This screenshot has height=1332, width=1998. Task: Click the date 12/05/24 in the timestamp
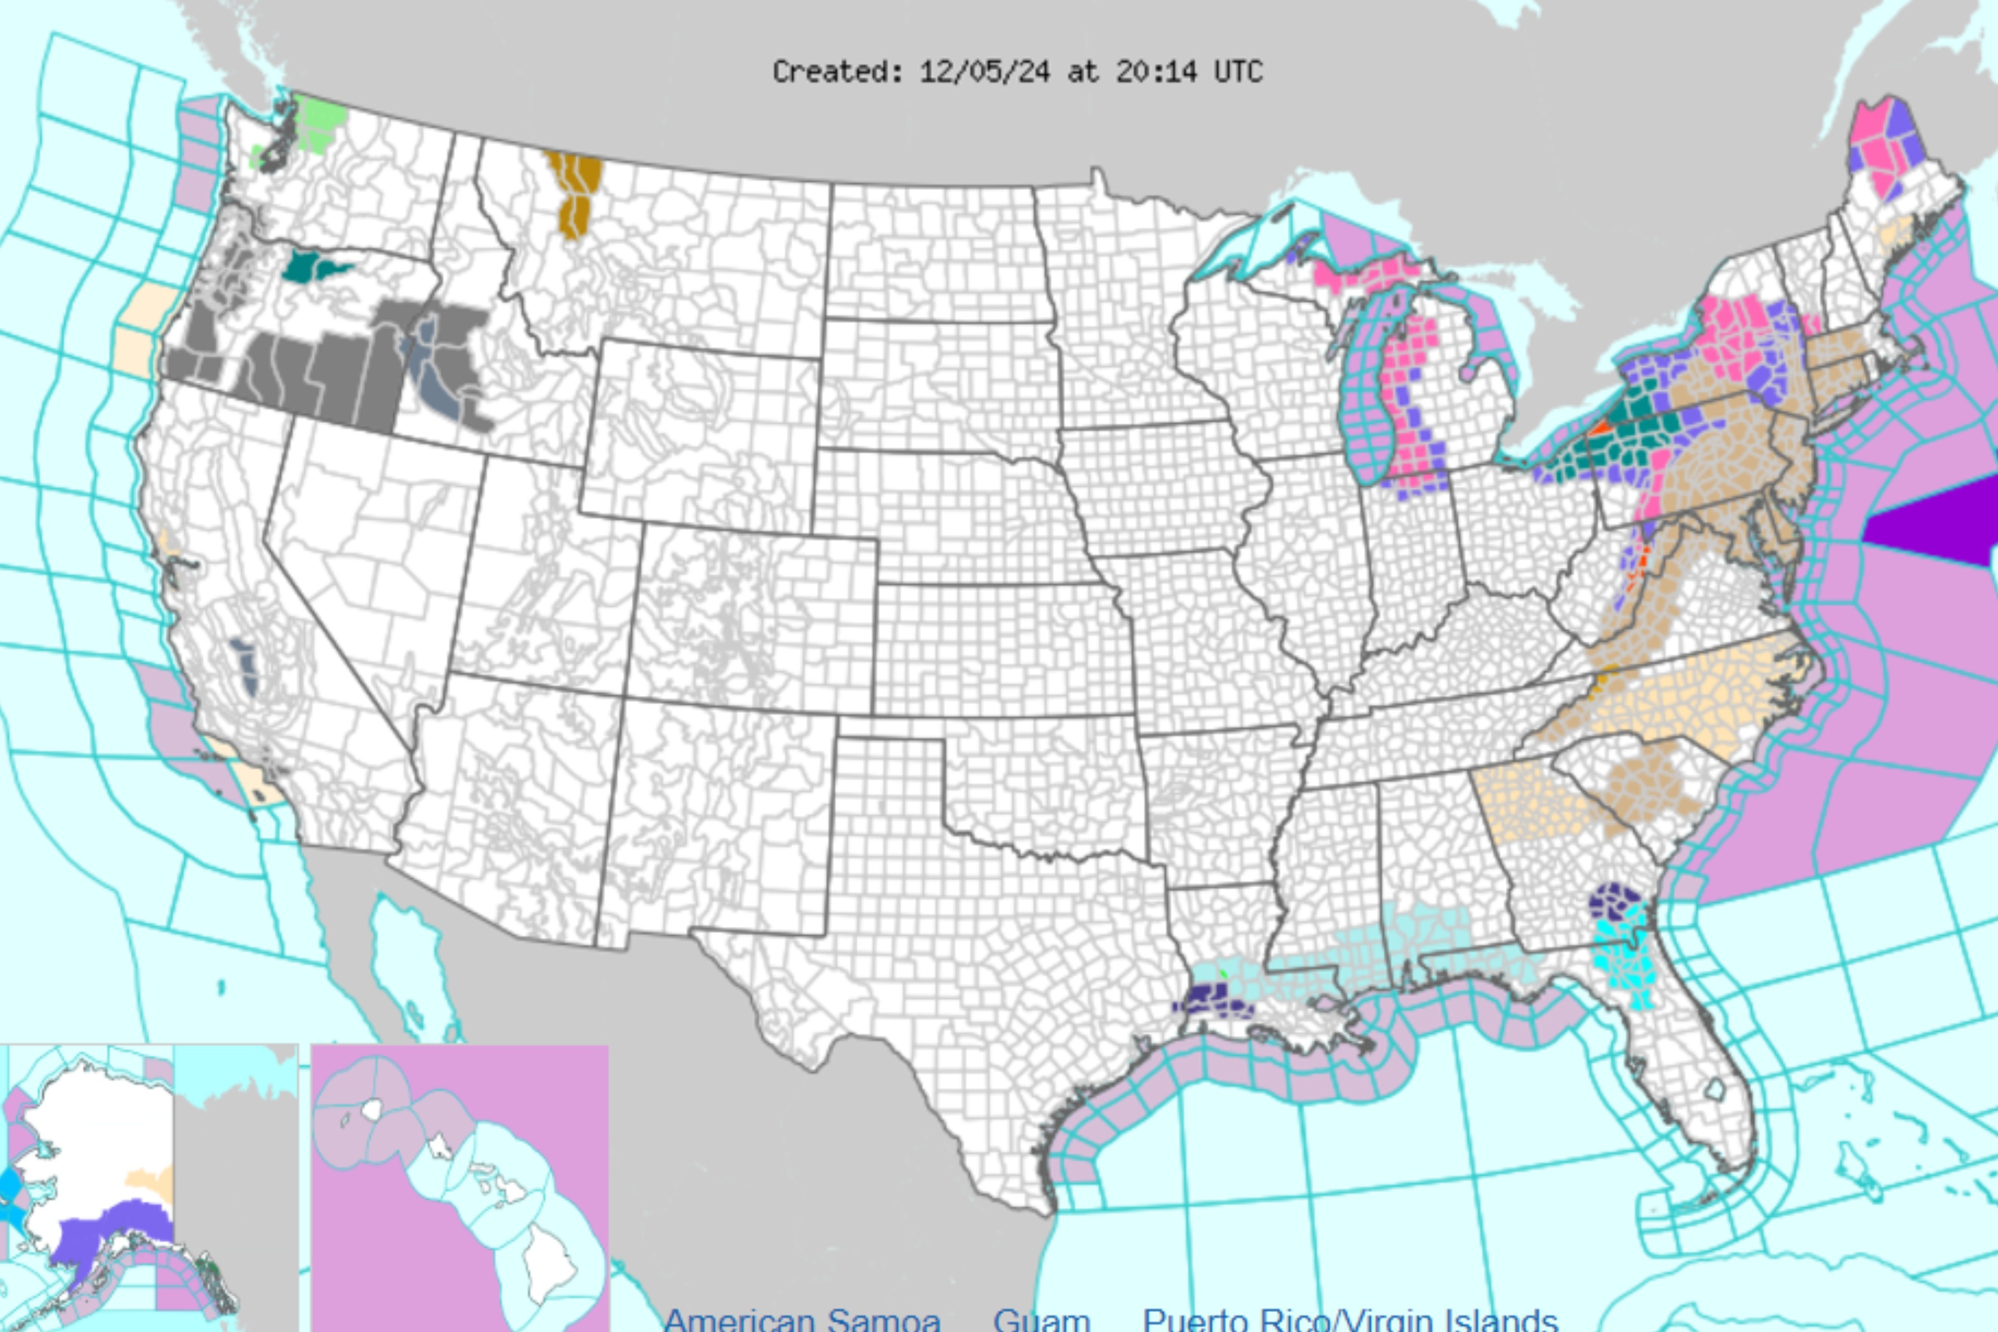(x=984, y=72)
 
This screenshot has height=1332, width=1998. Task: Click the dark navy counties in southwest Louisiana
(x=1206, y=999)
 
